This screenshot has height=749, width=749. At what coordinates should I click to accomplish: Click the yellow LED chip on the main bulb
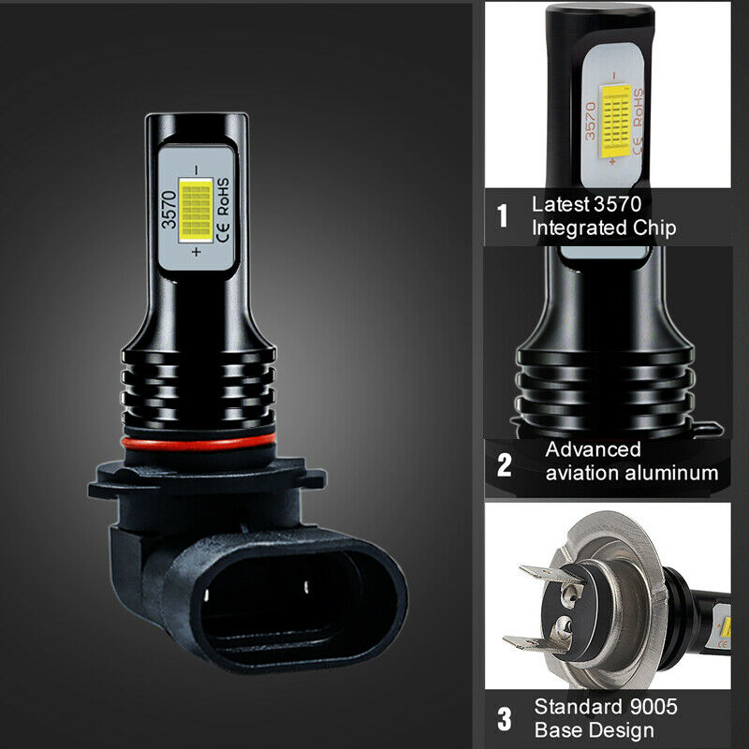pos(198,212)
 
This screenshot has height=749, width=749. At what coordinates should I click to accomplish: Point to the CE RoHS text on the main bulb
pos(224,209)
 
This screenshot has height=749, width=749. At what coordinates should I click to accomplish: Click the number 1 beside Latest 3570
pos(503,216)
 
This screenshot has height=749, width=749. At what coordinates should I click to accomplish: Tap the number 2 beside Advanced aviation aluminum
pos(504,463)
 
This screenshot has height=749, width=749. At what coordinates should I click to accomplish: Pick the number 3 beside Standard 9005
pos(504,720)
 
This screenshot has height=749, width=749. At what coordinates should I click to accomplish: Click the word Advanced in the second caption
pos(594,449)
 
